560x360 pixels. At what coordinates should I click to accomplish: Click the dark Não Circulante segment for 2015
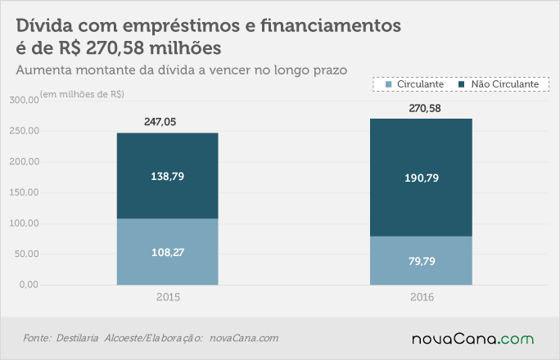(168, 176)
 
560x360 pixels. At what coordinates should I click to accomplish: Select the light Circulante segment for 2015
(168, 251)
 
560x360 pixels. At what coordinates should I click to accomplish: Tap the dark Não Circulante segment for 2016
(421, 178)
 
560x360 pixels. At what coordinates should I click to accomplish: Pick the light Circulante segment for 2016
(421, 260)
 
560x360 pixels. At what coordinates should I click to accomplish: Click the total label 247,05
(160, 122)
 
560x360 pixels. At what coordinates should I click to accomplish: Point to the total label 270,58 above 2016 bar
(425, 109)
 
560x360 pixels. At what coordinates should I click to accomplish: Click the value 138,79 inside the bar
(168, 176)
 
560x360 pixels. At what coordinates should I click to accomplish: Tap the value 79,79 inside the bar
(422, 261)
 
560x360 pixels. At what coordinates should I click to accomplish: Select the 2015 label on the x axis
(168, 297)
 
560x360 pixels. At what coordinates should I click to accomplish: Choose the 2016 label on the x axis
(422, 297)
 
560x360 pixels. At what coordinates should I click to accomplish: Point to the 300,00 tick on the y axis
(25, 100)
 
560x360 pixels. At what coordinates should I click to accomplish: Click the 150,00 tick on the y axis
(25, 192)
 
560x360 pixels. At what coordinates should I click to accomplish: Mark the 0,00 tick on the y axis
(29, 285)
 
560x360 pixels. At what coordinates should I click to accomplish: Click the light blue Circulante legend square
(389, 84)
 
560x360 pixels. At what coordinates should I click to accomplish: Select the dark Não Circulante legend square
(462, 84)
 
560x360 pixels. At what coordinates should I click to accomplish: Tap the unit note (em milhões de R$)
(82, 94)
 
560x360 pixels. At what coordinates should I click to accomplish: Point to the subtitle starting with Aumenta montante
(182, 70)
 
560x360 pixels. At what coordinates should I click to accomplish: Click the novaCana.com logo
(473, 339)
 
